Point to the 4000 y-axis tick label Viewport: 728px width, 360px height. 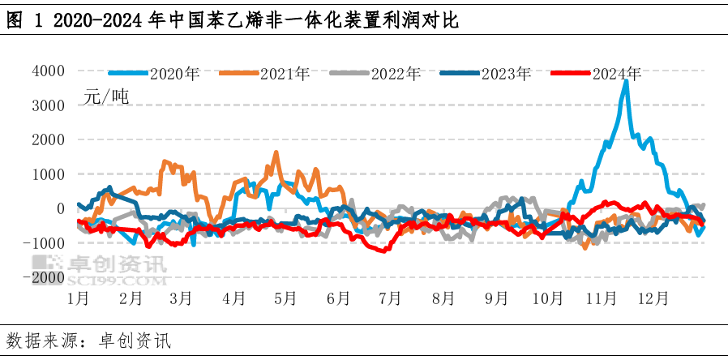point(48,71)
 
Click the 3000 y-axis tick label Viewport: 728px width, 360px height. point(48,105)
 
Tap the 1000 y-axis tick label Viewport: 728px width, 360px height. point(48,174)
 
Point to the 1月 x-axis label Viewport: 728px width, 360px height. point(79,298)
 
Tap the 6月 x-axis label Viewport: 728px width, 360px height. point(338,298)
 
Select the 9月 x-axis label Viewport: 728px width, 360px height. point(495,298)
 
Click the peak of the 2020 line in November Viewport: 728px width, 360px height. point(625,82)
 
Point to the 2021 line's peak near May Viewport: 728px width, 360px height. point(276,152)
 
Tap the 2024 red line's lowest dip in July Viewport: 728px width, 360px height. point(380,251)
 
